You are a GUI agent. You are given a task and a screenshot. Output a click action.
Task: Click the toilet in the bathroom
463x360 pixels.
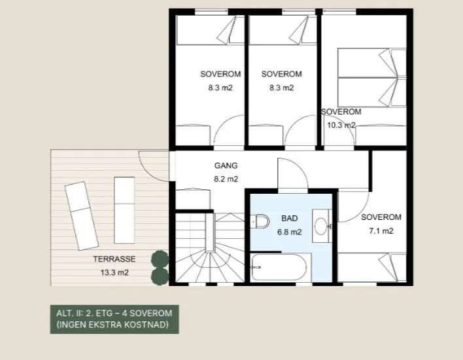[x=260, y=221]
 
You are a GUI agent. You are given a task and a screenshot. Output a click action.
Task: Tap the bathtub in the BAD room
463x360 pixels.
[x=279, y=267]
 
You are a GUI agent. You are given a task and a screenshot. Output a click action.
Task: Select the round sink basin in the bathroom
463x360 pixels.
[x=320, y=226]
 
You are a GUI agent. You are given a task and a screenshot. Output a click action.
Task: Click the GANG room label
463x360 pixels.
[x=226, y=166]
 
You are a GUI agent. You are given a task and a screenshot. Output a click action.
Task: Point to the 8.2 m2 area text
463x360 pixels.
[x=226, y=179]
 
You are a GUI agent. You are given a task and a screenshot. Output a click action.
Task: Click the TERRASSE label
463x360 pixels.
[x=114, y=259]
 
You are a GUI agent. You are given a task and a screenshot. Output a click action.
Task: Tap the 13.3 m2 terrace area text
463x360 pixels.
[x=114, y=272]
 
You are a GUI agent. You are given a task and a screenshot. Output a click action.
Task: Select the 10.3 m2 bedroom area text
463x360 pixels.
[x=341, y=125]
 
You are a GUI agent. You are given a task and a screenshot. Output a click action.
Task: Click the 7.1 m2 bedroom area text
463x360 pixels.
[x=381, y=231]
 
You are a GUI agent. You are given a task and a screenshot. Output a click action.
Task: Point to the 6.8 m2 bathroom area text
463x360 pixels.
[x=289, y=232]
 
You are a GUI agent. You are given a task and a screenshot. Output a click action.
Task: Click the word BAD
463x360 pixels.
[x=289, y=219]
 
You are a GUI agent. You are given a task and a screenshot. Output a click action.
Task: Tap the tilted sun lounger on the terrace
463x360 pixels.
[x=82, y=216]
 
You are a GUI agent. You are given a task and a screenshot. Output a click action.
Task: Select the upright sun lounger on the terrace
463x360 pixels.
[x=124, y=210]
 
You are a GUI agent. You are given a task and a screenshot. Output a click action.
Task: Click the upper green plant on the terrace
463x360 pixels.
[x=160, y=259]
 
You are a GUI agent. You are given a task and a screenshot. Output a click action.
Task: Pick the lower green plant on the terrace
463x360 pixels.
[x=160, y=277]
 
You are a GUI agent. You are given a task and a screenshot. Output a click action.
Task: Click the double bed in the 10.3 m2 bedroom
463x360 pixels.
[x=372, y=77]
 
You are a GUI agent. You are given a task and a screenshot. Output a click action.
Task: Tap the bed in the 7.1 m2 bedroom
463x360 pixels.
[x=372, y=267]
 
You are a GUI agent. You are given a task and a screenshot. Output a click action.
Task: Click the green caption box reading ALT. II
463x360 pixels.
[x=114, y=319]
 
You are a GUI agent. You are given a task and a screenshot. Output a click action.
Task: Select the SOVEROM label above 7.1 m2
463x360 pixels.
[x=381, y=217]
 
